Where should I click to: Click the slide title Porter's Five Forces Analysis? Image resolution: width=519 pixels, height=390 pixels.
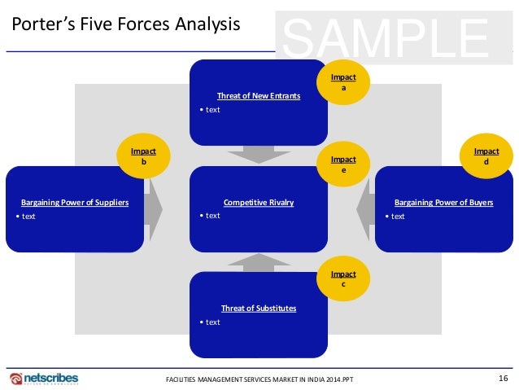[x=125, y=25]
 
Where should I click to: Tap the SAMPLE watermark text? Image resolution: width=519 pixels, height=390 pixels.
[x=386, y=36]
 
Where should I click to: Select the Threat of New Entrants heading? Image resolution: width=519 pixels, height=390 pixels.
[x=259, y=96]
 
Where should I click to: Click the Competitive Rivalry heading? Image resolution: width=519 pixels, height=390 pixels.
[x=258, y=203]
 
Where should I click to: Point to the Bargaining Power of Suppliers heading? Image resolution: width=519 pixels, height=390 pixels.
[x=75, y=203]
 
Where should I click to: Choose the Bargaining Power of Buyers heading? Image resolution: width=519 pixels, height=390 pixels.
[x=443, y=203]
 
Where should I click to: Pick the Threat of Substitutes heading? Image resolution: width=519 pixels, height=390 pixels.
[x=259, y=309]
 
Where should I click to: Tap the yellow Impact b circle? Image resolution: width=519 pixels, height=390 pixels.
[x=143, y=157]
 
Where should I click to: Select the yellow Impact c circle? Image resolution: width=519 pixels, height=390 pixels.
[x=342, y=279]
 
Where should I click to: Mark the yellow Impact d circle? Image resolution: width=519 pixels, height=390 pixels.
[x=486, y=156]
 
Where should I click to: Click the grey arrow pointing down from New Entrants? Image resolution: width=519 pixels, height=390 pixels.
[x=259, y=154]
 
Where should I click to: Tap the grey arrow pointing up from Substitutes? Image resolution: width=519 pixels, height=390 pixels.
[x=259, y=261]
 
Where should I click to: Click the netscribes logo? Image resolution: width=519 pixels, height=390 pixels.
[x=44, y=378]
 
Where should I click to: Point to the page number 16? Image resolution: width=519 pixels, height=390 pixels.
[x=503, y=378]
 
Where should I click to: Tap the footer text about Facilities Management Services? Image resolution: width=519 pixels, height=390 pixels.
[x=259, y=379]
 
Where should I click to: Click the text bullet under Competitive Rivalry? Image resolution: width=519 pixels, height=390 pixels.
[x=212, y=216]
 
